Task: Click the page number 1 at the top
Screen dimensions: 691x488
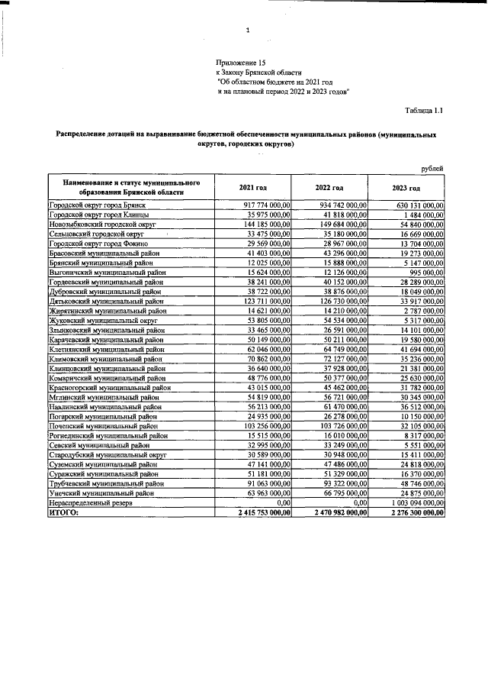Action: click(x=248, y=31)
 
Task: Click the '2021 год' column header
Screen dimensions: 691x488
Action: click(x=253, y=188)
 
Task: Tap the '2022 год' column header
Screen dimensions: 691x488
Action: click(x=330, y=188)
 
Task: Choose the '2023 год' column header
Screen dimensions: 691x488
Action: click(x=406, y=188)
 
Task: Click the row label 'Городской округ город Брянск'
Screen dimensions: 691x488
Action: click(x=97, y=206)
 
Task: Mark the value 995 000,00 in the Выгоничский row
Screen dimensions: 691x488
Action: click(x=427, y=273)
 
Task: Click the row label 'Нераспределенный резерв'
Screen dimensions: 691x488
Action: click(x=91, y=504)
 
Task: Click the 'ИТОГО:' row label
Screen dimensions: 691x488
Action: click(x=63, y=514)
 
